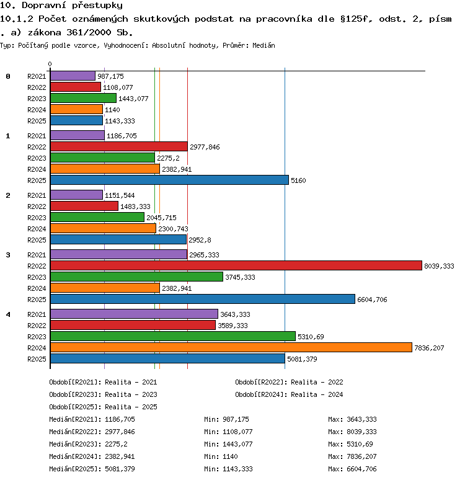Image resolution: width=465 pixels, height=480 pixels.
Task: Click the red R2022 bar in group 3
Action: tap(236, 265)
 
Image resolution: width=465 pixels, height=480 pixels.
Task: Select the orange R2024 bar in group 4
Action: tap(231, 347)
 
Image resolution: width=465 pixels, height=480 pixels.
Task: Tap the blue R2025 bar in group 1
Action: tap(170, 180)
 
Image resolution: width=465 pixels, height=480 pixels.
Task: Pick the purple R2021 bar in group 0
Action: tap(73, 76)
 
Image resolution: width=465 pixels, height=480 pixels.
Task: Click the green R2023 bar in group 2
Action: tap(97, 217)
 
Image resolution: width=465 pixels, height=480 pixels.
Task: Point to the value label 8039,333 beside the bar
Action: tap(439, 266)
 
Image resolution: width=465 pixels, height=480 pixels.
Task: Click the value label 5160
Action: tap(298, 180)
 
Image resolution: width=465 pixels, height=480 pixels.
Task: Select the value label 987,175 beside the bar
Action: tap(110, 76)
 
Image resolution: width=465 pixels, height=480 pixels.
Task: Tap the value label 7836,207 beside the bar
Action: tap(429, 348)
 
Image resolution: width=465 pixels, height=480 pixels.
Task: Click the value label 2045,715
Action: tap(161, 218)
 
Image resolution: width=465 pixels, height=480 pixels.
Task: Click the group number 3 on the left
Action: tap(8, 255)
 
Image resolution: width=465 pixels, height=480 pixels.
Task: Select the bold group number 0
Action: tap(8, 76)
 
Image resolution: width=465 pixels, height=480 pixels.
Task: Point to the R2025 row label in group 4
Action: tap(37, 359)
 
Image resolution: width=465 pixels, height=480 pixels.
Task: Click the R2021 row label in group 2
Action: tap(37, 195)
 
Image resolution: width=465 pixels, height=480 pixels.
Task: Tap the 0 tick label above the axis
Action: tap(50, 64)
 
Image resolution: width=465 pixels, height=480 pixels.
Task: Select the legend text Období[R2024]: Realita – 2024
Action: tap(289, 394)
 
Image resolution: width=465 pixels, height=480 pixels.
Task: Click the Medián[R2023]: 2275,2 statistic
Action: tap(88, 444)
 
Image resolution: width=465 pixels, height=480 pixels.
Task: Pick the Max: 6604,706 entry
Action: tap(352, 469)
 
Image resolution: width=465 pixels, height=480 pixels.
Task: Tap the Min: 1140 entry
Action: tap(221, 456)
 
